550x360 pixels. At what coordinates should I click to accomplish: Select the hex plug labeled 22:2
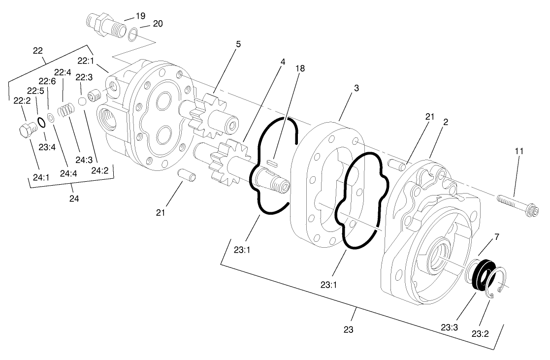click(x=27, y=131)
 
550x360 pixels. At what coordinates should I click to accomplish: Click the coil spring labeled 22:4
click(x=65, y=110)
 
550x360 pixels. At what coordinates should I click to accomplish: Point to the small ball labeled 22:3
click(x=83, y=100)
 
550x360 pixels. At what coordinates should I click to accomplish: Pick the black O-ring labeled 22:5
click(x=42, y=122)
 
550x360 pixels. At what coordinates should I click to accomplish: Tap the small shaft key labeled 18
click(x=271, y=161)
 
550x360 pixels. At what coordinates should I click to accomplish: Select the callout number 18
click(x=300, y=69)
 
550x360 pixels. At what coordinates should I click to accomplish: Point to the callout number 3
click(x=356, y=88)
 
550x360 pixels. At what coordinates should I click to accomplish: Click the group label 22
click(x=37, y=50)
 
